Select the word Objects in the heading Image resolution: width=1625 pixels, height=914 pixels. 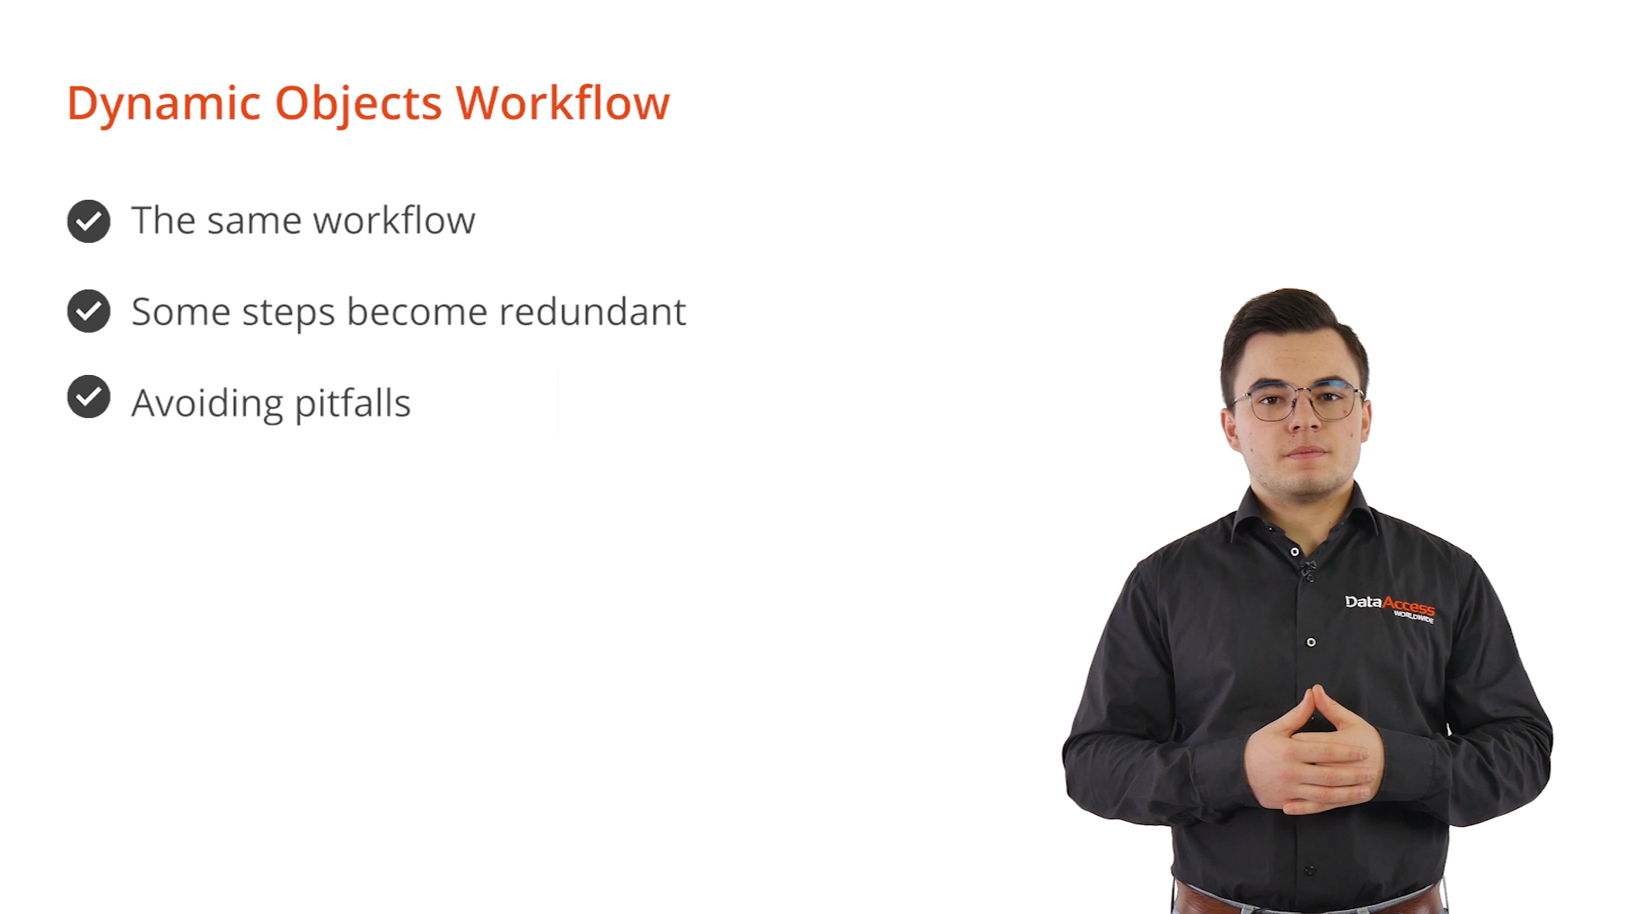(358, 104)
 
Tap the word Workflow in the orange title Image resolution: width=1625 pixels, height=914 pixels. (563, 102)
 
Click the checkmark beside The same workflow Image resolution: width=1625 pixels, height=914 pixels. (89, 222)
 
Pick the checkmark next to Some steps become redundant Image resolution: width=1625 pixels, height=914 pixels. (89, 311)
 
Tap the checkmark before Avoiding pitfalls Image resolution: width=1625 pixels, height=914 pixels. (89, 397)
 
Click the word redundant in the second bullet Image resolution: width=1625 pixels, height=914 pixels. (592, 311)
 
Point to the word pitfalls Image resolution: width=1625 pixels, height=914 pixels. (352, 404)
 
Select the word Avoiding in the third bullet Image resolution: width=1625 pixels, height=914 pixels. (207, 404)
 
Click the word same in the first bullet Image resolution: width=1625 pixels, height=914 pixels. (254, 222)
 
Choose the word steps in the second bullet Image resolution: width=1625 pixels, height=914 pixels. (289, 314)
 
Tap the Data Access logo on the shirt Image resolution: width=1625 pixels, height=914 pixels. (1390, 606)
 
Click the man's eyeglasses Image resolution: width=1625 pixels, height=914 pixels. (1298, 401)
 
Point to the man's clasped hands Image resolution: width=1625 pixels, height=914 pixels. (1314, 753)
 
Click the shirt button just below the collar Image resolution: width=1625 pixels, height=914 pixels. (1295, 552)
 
